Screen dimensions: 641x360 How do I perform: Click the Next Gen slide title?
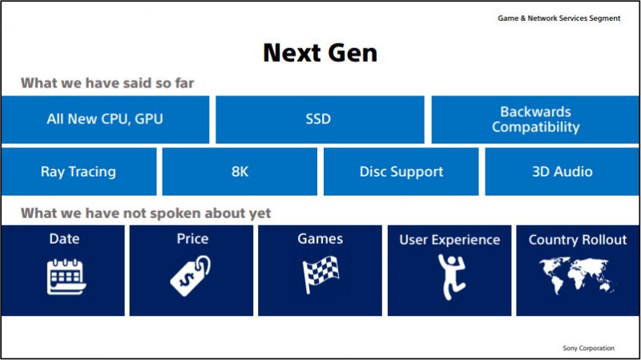[x=320, y=53]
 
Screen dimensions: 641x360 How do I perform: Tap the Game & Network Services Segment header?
[x=558, y=18]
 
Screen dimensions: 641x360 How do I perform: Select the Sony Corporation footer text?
[x=588, y=348]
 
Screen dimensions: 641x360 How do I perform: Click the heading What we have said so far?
[x=107, y=83]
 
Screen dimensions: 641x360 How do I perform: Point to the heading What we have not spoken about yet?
[x=146, y=213]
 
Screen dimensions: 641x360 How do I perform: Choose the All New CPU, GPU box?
[x=105, y=119]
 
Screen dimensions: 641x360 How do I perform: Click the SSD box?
[x=320, y=119]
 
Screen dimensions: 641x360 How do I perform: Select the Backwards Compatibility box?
[x=535, y=119]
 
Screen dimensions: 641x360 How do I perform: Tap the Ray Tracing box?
[x=79, y=172]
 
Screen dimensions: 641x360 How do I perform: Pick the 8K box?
[x=240, y=172]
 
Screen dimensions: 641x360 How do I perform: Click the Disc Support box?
[x=401, y=172]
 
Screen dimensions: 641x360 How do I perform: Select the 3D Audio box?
[x=562, y=172]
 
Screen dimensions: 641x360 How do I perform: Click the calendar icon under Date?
[x=67, y=277]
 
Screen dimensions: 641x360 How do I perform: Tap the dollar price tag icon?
[x=191, y=276]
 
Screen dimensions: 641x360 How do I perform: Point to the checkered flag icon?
[x=320, y=274]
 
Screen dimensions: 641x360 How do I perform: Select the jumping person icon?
[x=451, y=277]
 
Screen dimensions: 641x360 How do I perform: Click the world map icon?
[x=577, y=275]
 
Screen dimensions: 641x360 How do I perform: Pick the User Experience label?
[x=450, y=240]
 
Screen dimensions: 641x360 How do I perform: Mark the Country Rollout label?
[x=578, y=240]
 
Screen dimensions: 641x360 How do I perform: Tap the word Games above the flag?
[x=320, y=239]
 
